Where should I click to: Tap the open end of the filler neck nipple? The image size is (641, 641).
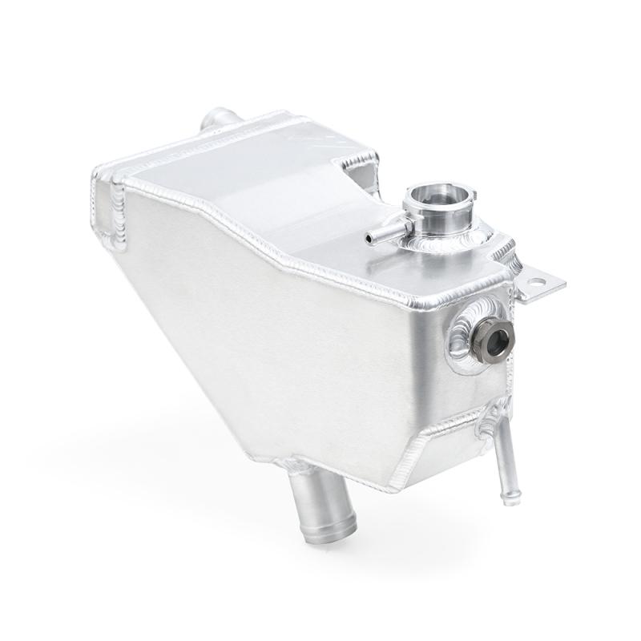[369, 238]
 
